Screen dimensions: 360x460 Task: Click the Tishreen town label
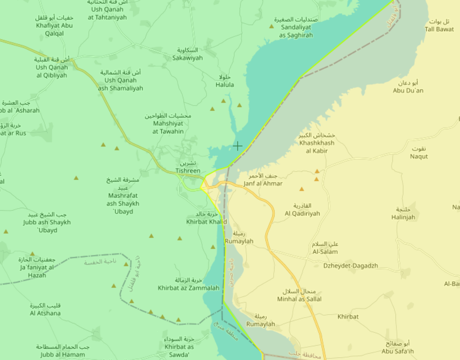tap(188, 167)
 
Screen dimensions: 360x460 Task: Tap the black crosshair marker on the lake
tap(238, 146)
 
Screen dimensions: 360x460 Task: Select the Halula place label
tap(225, 81)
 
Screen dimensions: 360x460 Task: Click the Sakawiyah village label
tap(187, 54)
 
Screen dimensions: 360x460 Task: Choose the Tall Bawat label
tap(439, 26)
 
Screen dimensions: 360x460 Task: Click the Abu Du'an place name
tap(408, 87)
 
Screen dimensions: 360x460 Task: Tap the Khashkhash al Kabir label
tap(317, 143)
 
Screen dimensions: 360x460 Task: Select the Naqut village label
tap(419, 153)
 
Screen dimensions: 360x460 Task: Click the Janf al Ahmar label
tap(263, 180)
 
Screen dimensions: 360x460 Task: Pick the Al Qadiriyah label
tap(302, 210)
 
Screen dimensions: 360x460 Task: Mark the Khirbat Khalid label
tap(206, 218)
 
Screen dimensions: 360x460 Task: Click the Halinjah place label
tap(403, 214)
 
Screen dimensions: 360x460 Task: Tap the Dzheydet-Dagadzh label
tap(351, 266)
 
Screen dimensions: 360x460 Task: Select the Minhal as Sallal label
tap(299, 295)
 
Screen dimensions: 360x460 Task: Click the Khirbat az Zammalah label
tap(188, 285)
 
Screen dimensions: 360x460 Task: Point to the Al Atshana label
tap(45, 309)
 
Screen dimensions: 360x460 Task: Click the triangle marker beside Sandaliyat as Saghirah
tap(271, 26)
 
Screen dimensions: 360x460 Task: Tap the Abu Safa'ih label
tap(397, 348)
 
